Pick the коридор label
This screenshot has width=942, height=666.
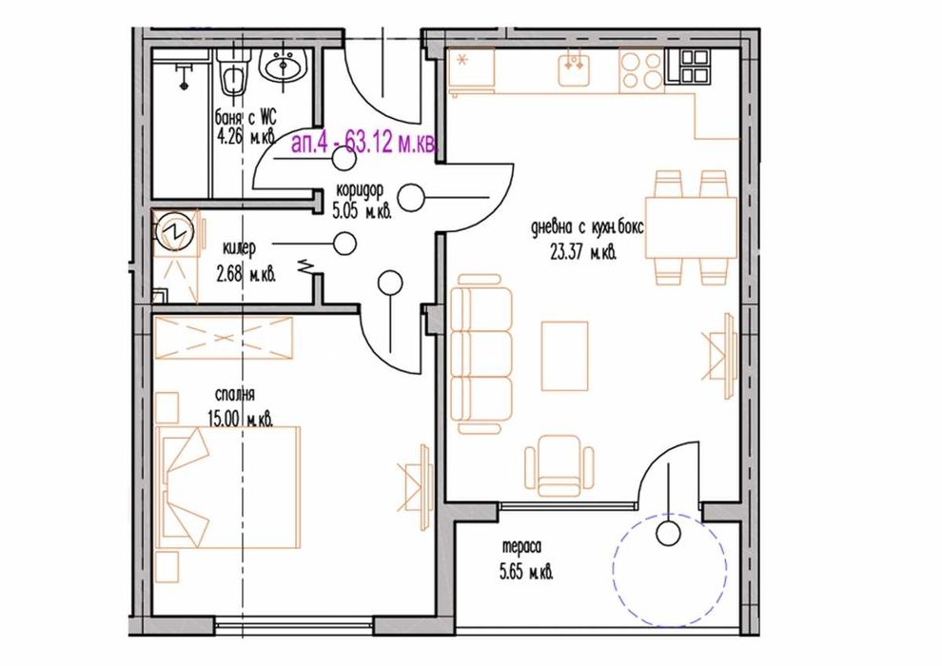pos(357,189)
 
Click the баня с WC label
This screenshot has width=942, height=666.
pos(246,117)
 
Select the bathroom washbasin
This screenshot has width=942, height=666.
pos(283,68)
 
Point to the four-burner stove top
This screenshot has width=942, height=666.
pos(640,68)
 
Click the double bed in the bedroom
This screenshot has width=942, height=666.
pos(227,487)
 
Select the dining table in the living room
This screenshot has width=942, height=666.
pos(691,227)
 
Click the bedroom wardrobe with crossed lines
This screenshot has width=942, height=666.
pos(224,339)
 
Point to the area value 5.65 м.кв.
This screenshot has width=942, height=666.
pos(527,573)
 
